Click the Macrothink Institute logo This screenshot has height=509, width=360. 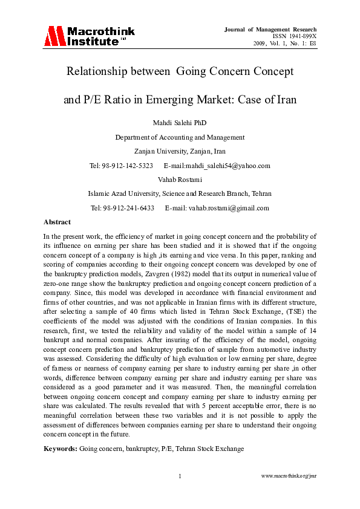pos(89,36)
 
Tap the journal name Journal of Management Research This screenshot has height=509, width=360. pos(270,29)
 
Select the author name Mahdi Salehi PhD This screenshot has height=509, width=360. pos(180,123)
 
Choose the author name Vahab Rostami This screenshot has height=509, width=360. pos(180,180)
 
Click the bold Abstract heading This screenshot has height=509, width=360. pos(57,222)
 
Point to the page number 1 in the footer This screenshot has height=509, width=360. pos(180,476)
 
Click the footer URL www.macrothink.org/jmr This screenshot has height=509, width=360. pos(289,476)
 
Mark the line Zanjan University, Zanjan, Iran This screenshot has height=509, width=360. pos(180,151)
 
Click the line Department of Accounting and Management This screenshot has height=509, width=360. pos(180,137)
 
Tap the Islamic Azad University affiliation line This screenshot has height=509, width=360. pos(180,193)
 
